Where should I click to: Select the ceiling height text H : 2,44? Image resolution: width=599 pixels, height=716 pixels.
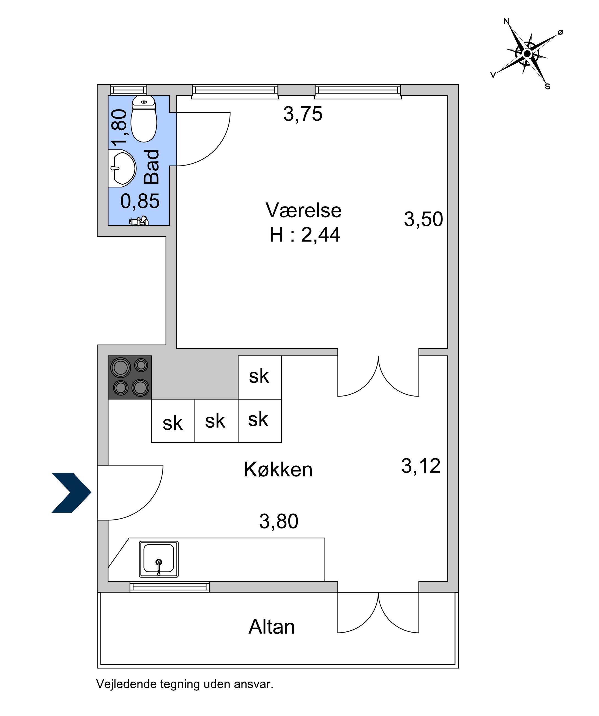[x=305, y=235]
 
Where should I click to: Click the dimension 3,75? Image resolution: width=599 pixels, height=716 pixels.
[x=303, y=114]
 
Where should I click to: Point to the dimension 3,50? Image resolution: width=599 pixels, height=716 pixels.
[x=423, y=219]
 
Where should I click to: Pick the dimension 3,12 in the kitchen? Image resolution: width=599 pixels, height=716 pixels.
[x=421, y=466]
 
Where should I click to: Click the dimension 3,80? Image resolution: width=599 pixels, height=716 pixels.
[x=279, y=521]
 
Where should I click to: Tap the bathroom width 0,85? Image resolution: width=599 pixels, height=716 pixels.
[x=140, y=201]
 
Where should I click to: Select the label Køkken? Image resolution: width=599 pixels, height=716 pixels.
[x=278, y=470]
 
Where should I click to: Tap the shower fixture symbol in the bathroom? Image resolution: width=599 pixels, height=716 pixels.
[x=139, y=221]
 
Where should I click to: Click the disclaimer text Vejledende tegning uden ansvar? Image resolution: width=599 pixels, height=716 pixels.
[x=185, y=684]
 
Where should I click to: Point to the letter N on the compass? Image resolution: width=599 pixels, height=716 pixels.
[x=506, y=21]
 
